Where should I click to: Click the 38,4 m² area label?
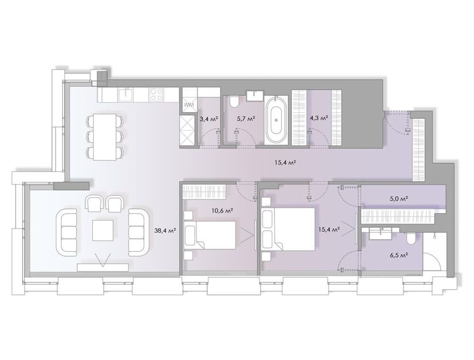pos(165,231)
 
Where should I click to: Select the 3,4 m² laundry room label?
pos(209,118)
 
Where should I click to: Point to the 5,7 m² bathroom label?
pos(246,118)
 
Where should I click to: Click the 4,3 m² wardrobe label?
pos(319,118)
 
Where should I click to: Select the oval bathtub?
pos(275,120)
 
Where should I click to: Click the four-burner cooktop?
pos(156,94)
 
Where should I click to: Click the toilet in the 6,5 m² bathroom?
pos(411,238)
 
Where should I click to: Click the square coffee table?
pos(103,230)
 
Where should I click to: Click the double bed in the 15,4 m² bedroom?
pos(288,229)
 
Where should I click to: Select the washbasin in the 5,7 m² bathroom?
pos(255,95)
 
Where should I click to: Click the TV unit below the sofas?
pos(103,267)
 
